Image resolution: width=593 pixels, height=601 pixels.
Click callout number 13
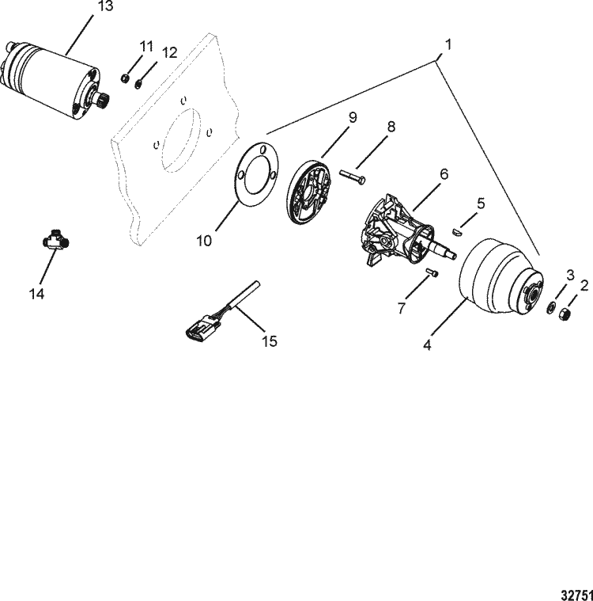tap(104, 8)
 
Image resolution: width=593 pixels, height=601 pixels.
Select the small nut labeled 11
tap(126, 78)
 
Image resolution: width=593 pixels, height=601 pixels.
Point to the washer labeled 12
tap(139, 82)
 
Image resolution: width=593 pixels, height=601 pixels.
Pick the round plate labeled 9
tap(308, 189)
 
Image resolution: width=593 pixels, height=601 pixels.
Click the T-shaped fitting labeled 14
tap(54, 241)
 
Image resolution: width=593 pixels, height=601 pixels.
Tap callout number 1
tap(448, 45)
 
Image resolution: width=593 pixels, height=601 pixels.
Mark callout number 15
tap(270, 341)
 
